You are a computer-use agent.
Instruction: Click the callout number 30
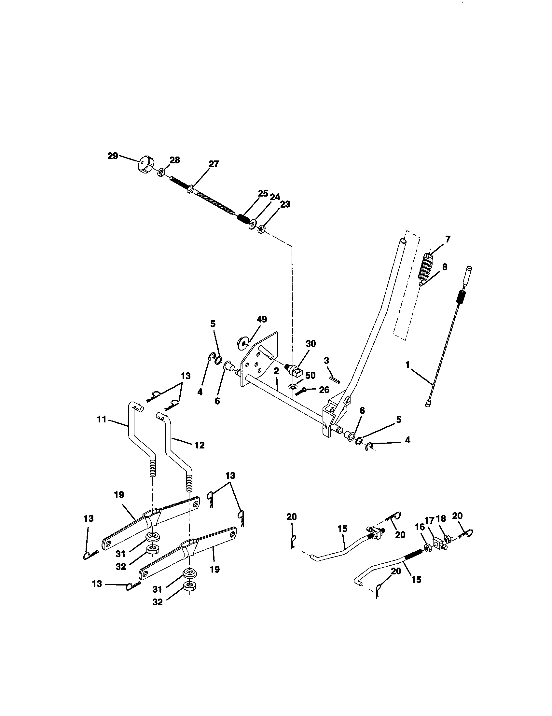(x=310, y=344)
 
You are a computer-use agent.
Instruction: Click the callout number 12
(x=199, y=445)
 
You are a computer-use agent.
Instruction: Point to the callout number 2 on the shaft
(x=276, y=371)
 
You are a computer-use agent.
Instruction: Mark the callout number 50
(x=310, y=375)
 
